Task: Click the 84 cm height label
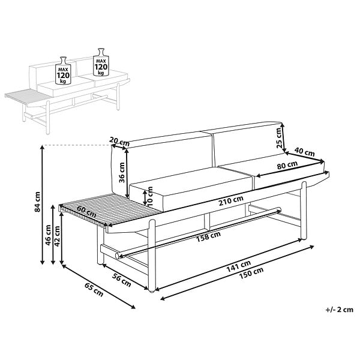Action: click(x=37, y=202)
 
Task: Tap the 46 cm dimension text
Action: click(x=48, y=235)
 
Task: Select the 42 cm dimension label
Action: click(x=57, y=236)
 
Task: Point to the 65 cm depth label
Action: click(x=94, y=289)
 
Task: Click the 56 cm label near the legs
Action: click(x=121, y=280)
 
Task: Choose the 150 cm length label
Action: click(x=251, y=273)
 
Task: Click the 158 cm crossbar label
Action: click(x=208, y=236)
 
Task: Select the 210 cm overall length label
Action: click(x=231, y=201)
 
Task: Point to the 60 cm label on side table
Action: click(x=86, y=212)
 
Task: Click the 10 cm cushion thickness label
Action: click(x=149, y=196)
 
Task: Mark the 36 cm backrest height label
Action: click(x=122, y=172)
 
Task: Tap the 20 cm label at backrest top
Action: click(x=119, y=142)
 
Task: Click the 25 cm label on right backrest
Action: click(x=278, y=138)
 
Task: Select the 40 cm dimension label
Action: click(x=304, y=152)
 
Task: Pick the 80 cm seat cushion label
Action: click(x=287, y=165)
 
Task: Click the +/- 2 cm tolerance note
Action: click(x=340, y=310)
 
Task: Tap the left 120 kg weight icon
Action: click(x=63, y=70)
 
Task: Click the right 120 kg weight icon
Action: click(x=101, y=62)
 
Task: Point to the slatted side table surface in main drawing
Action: click(x=108, y=210)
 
